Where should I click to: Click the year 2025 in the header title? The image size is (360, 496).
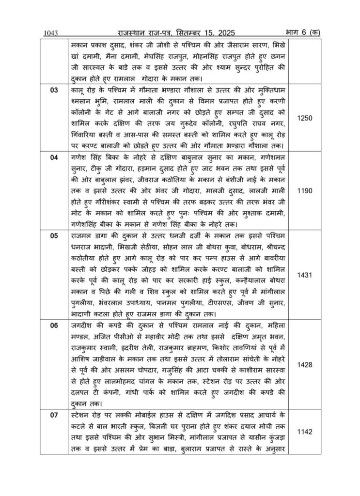click(223, 32)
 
